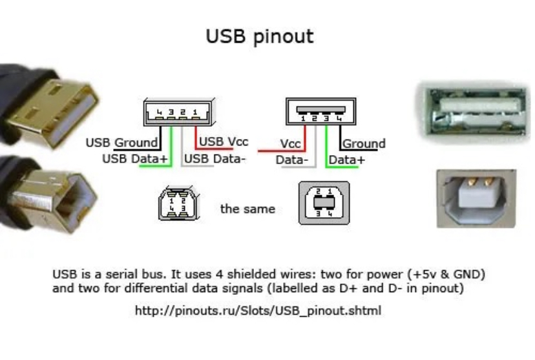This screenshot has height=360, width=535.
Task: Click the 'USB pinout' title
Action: [x=259, y=36]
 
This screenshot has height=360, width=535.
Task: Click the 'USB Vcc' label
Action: [x=224, y=142]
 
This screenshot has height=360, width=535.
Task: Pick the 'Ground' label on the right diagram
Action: [x=364, y=143]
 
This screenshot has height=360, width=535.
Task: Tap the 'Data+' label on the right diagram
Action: [x=347, y=160]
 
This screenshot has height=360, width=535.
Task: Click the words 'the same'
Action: [x=247, y=209]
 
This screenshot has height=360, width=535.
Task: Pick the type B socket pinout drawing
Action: [x=324, y=203]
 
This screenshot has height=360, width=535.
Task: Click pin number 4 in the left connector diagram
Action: [x=159, y=112]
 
